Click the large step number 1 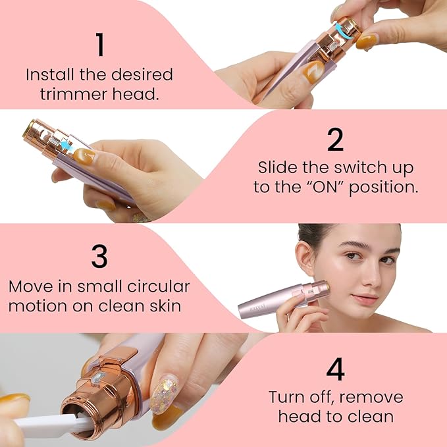[x=99, y=45]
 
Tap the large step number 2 [x=336, y=140]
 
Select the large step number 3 [x=99, y=256]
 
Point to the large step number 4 [x=336, y=369]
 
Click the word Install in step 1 [x=48, y=74]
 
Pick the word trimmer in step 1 [x=68, y=93]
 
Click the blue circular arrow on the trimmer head [x=341, y=28]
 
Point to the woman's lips [x=365, y=300]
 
